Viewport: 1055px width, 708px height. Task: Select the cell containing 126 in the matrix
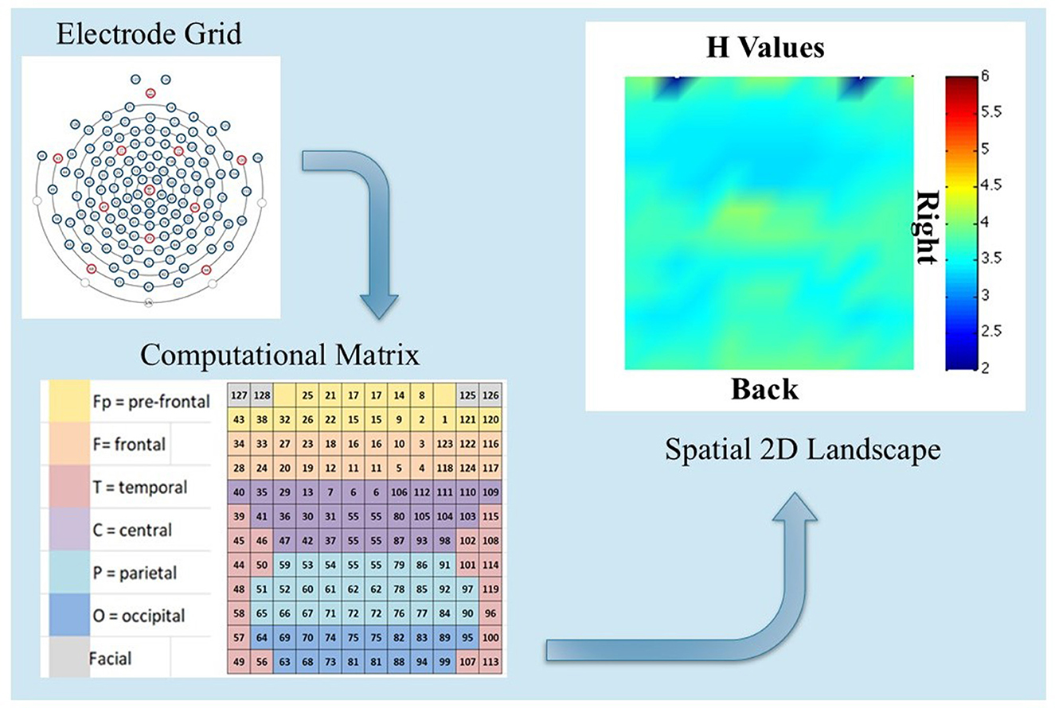(x=491, y=395)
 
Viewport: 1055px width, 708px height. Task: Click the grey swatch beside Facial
(x=68, y=658)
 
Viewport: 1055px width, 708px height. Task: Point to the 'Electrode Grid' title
(x=115, y=35)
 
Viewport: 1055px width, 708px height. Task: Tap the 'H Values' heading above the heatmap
(x=765, y=50)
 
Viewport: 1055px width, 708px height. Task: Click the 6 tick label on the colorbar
(x=984, y=75)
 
